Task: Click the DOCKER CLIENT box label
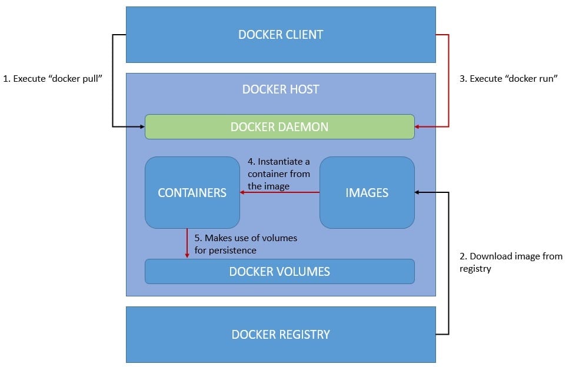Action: [x=281, y=35]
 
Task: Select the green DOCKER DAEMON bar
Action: [x=279, y=126]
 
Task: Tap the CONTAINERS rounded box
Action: [x=192, y=193]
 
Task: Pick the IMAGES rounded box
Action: [x=367, y=193]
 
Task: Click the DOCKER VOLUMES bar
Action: [x=279, y=271]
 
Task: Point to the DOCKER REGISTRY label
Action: [x=281, y=335]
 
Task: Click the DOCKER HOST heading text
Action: [x=281, y=89]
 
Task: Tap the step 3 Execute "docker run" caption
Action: [x=508, y=79]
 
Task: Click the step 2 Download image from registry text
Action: [x=511, y=262]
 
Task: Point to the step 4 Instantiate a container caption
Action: [x=279, y=174]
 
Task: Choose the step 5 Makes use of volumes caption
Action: [x=245, y=244]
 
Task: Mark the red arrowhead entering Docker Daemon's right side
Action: [x=418, y=126]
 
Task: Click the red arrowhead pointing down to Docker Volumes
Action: [x=187, y=255]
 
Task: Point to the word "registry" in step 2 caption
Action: [x=475, y=269]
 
